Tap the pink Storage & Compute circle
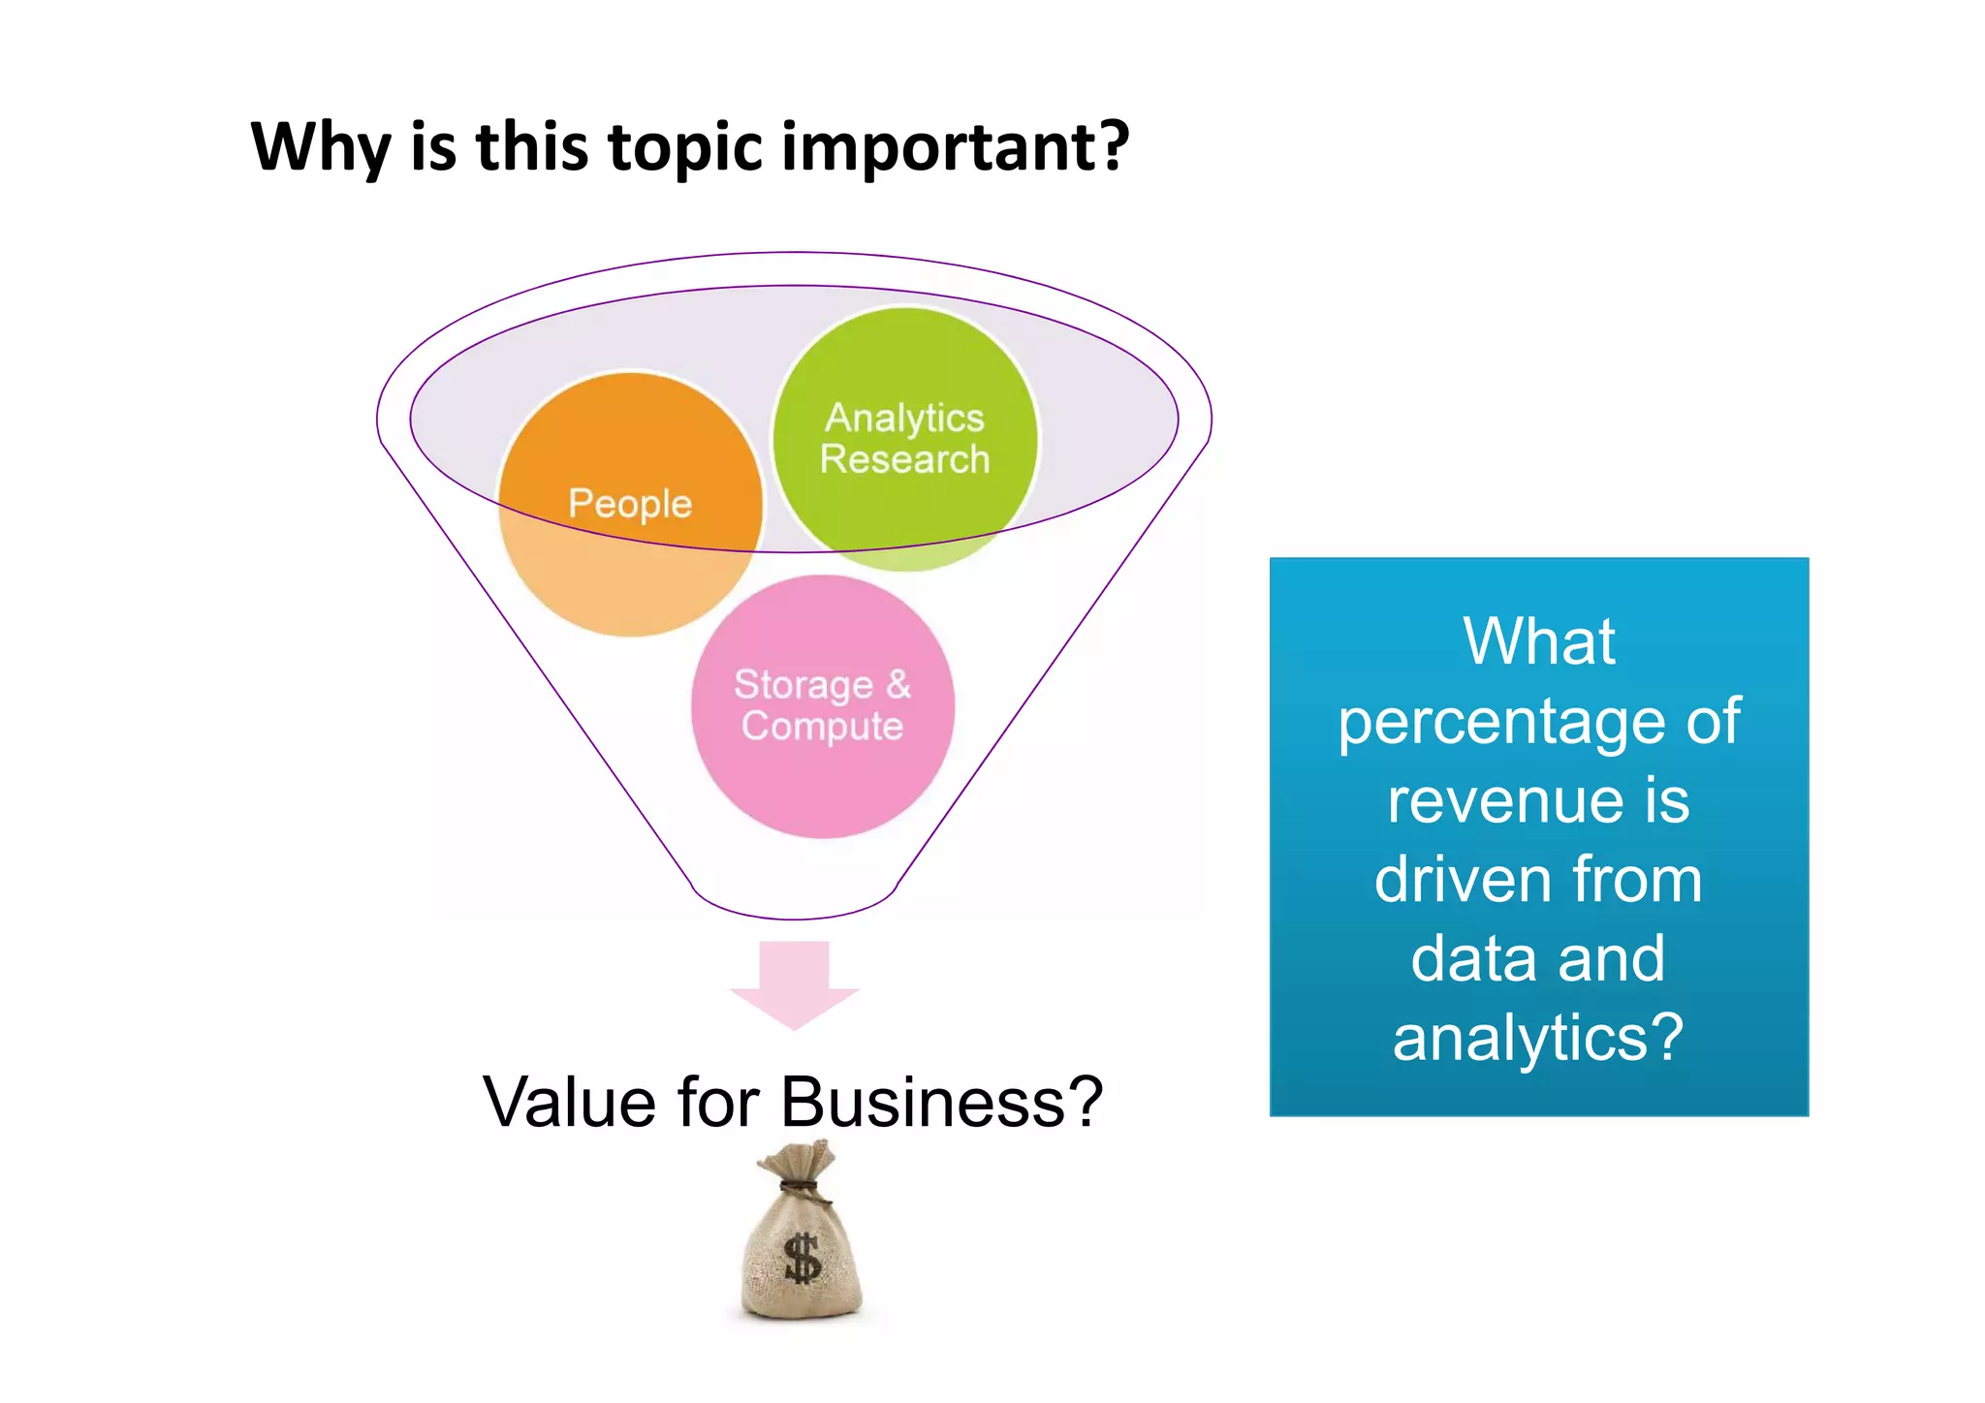pyautogui.click(x=822, y=706)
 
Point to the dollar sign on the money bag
pyautogui.click(x=803, y=1258)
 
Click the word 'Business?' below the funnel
pyautogui.click(x=941, y=1103)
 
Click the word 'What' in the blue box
pyautogui.click(x=1538, y=641)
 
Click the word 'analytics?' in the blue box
pyautogui.click(x=1538, y=1039)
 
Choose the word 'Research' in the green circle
pyautogui.click(x=904, y=459)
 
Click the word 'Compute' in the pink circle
pyautogui.click(x=822, y=727)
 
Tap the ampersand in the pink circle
pyautogui.click(x=898, y=684)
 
